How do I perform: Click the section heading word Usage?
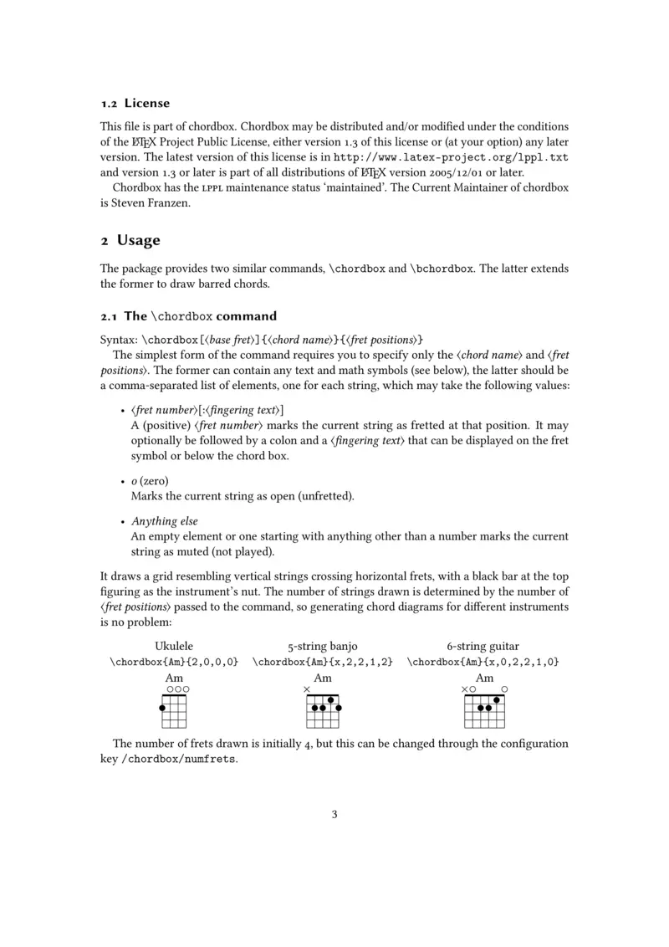click(x=138, y=241)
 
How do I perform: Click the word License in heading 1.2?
click(x=147, y=104)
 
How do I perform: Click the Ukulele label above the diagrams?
click(x=174, y=646)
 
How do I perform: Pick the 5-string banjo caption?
click(x=323, y=646)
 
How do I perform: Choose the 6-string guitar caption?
click(x=483, y=646)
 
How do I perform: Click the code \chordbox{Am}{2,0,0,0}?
click(x=174, y=662)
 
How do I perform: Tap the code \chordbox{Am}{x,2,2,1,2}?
click(x=323, y=662)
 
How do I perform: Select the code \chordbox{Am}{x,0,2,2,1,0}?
click(x=483, y=662)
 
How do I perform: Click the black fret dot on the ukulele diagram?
click(x=162, y=708)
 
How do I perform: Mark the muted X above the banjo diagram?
click(x=307, y=689)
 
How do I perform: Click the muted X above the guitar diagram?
click(x=464, y=689)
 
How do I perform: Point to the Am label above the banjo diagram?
click(x=322, y=678)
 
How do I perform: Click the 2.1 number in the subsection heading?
click(x=108, y=316)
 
